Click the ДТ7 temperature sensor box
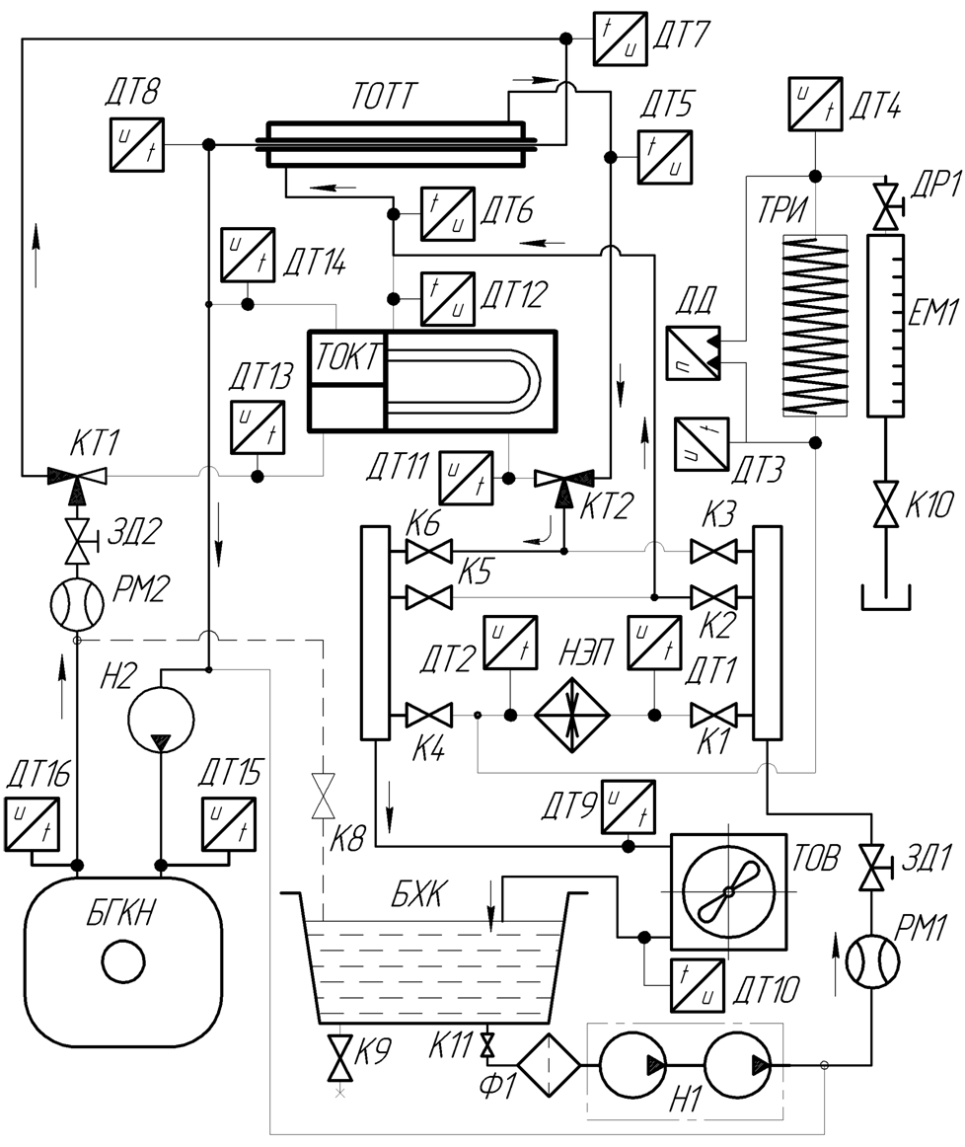click(x=620, y=38)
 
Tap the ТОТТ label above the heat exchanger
click(x=383, y=96)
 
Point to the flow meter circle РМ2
click(x=77, y=605)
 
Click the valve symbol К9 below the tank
click(x=340, y=1058)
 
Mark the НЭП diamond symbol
click(x=571, y=715)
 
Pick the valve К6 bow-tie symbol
click(x=428, y=551)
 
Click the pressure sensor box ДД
click(x=693, y=352)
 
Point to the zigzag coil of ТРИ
click(x=815, y=326)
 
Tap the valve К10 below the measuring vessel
click(x=886, y=504)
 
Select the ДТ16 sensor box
click(x=33, y=824)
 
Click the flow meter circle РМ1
click(x=872, y=962)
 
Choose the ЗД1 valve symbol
click(x=873, y=868)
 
